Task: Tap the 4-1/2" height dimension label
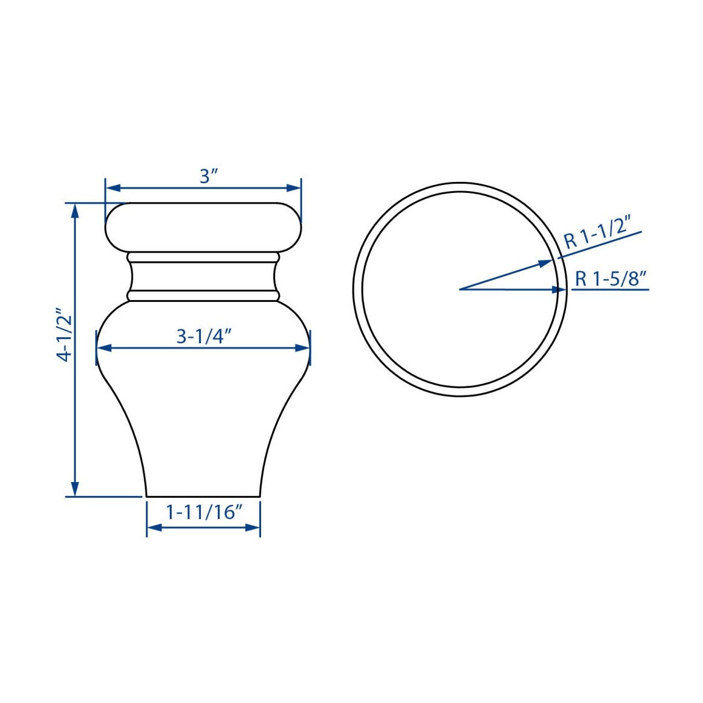coord(65,335)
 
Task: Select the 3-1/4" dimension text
coord(203,336)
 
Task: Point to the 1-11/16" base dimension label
coord(204,511)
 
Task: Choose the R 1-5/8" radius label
coord(611,279)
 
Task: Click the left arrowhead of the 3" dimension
coord(113,188)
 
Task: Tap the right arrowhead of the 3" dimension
coord(293,188)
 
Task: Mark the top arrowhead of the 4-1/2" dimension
coord(75,211)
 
